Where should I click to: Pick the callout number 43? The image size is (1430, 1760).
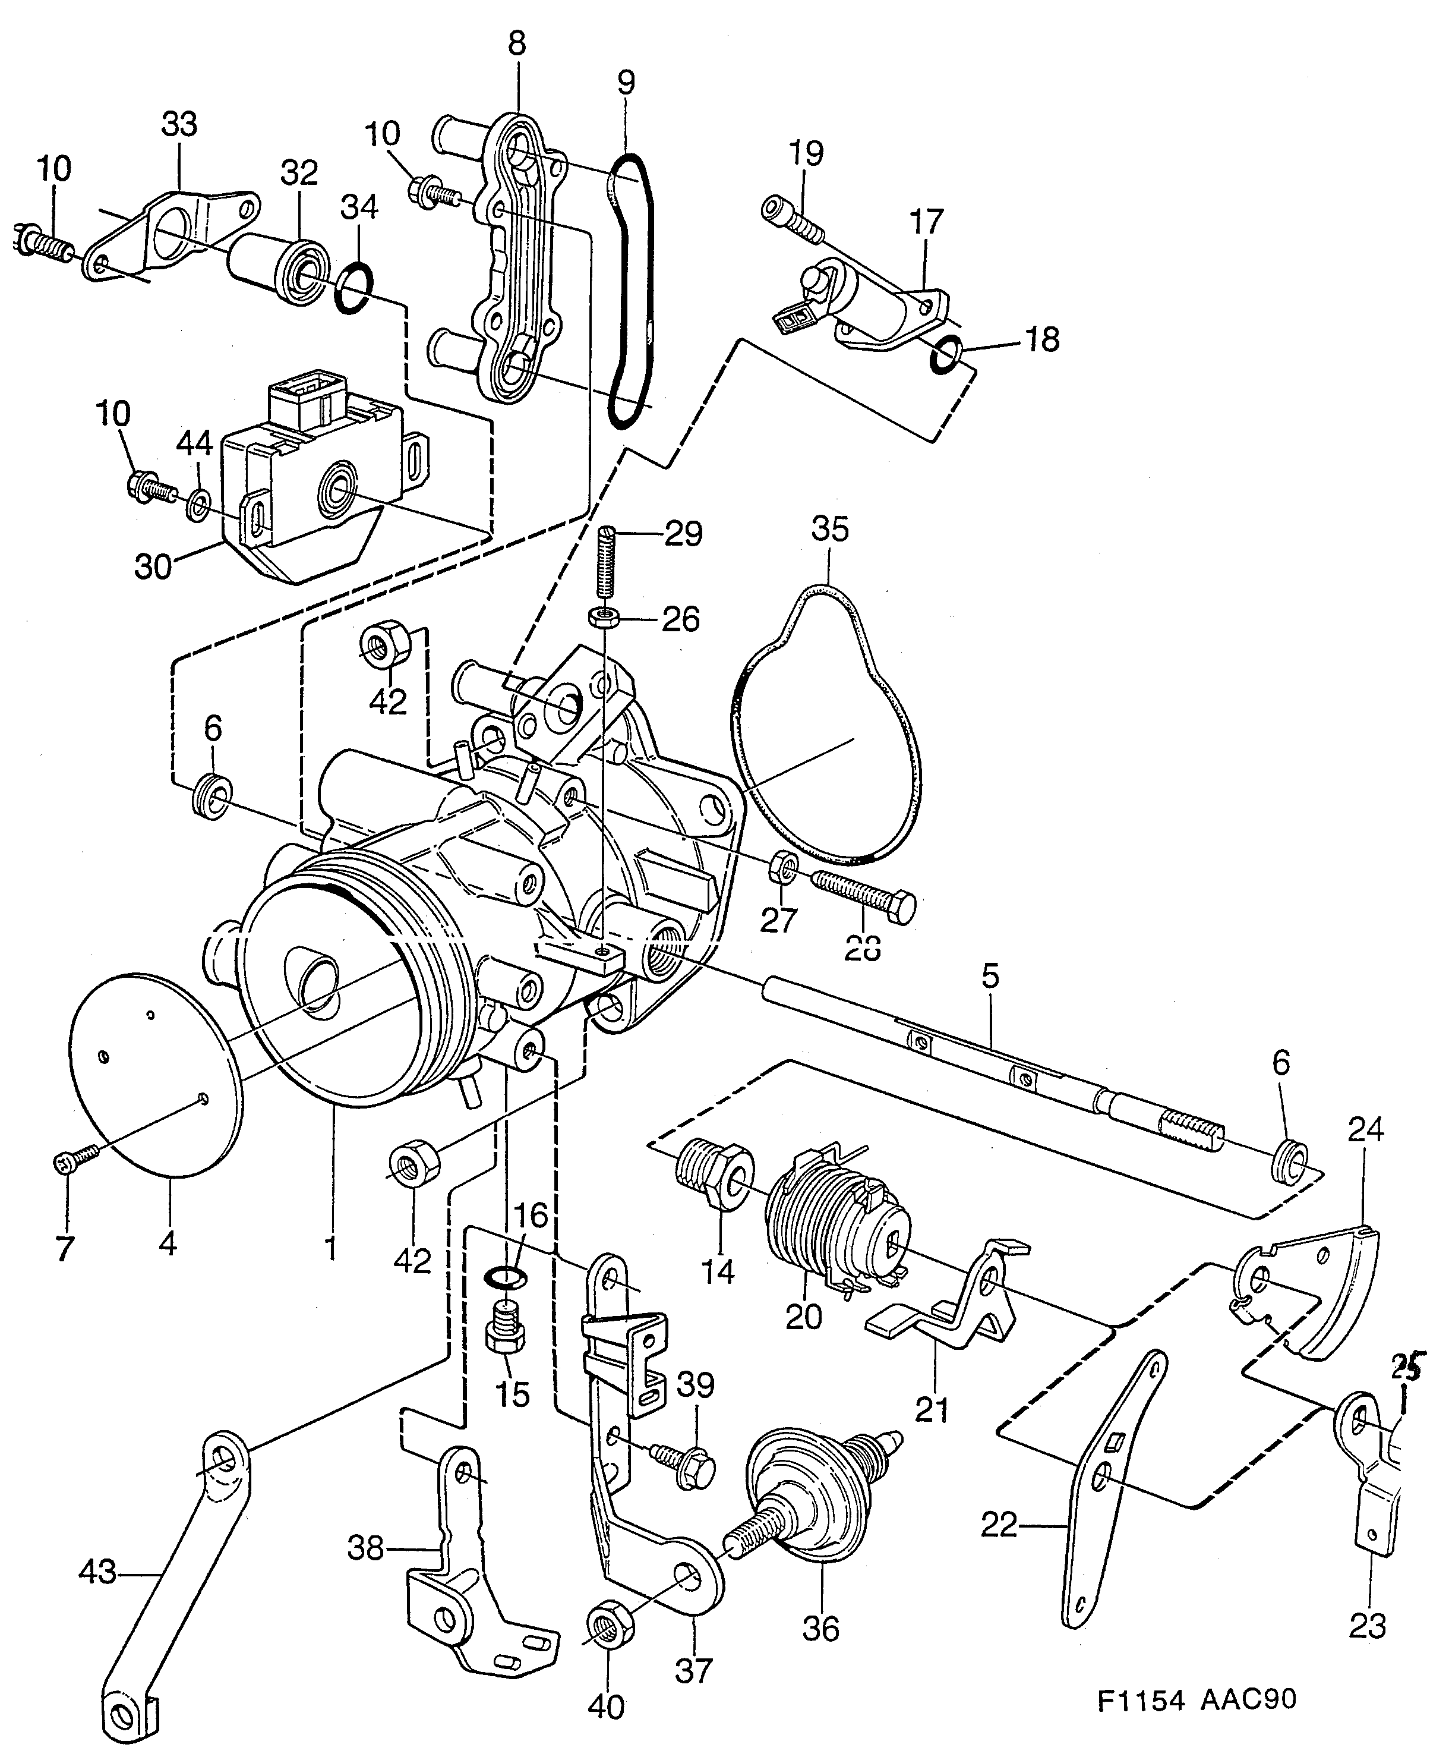(x=97, y=1573)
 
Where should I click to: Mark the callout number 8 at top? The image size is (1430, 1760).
(x=516, y=43)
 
